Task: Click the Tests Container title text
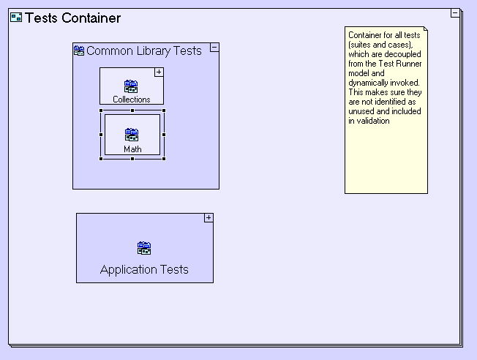[73, 18]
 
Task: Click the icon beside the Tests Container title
[16, 18]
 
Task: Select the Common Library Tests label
[144, 50]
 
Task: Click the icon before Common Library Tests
[79, 50]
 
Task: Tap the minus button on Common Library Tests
[214, 48]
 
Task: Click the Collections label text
[132, 100]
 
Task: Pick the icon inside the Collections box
[131, 86]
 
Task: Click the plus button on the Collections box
[159, 72]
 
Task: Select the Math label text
[132, 149]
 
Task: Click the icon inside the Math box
[132, 135]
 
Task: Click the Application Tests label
[144, 269]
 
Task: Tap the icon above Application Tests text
[144, 248]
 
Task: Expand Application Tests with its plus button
[209, 217]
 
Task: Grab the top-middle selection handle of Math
[132, 110]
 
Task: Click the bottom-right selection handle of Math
[164, 158]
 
